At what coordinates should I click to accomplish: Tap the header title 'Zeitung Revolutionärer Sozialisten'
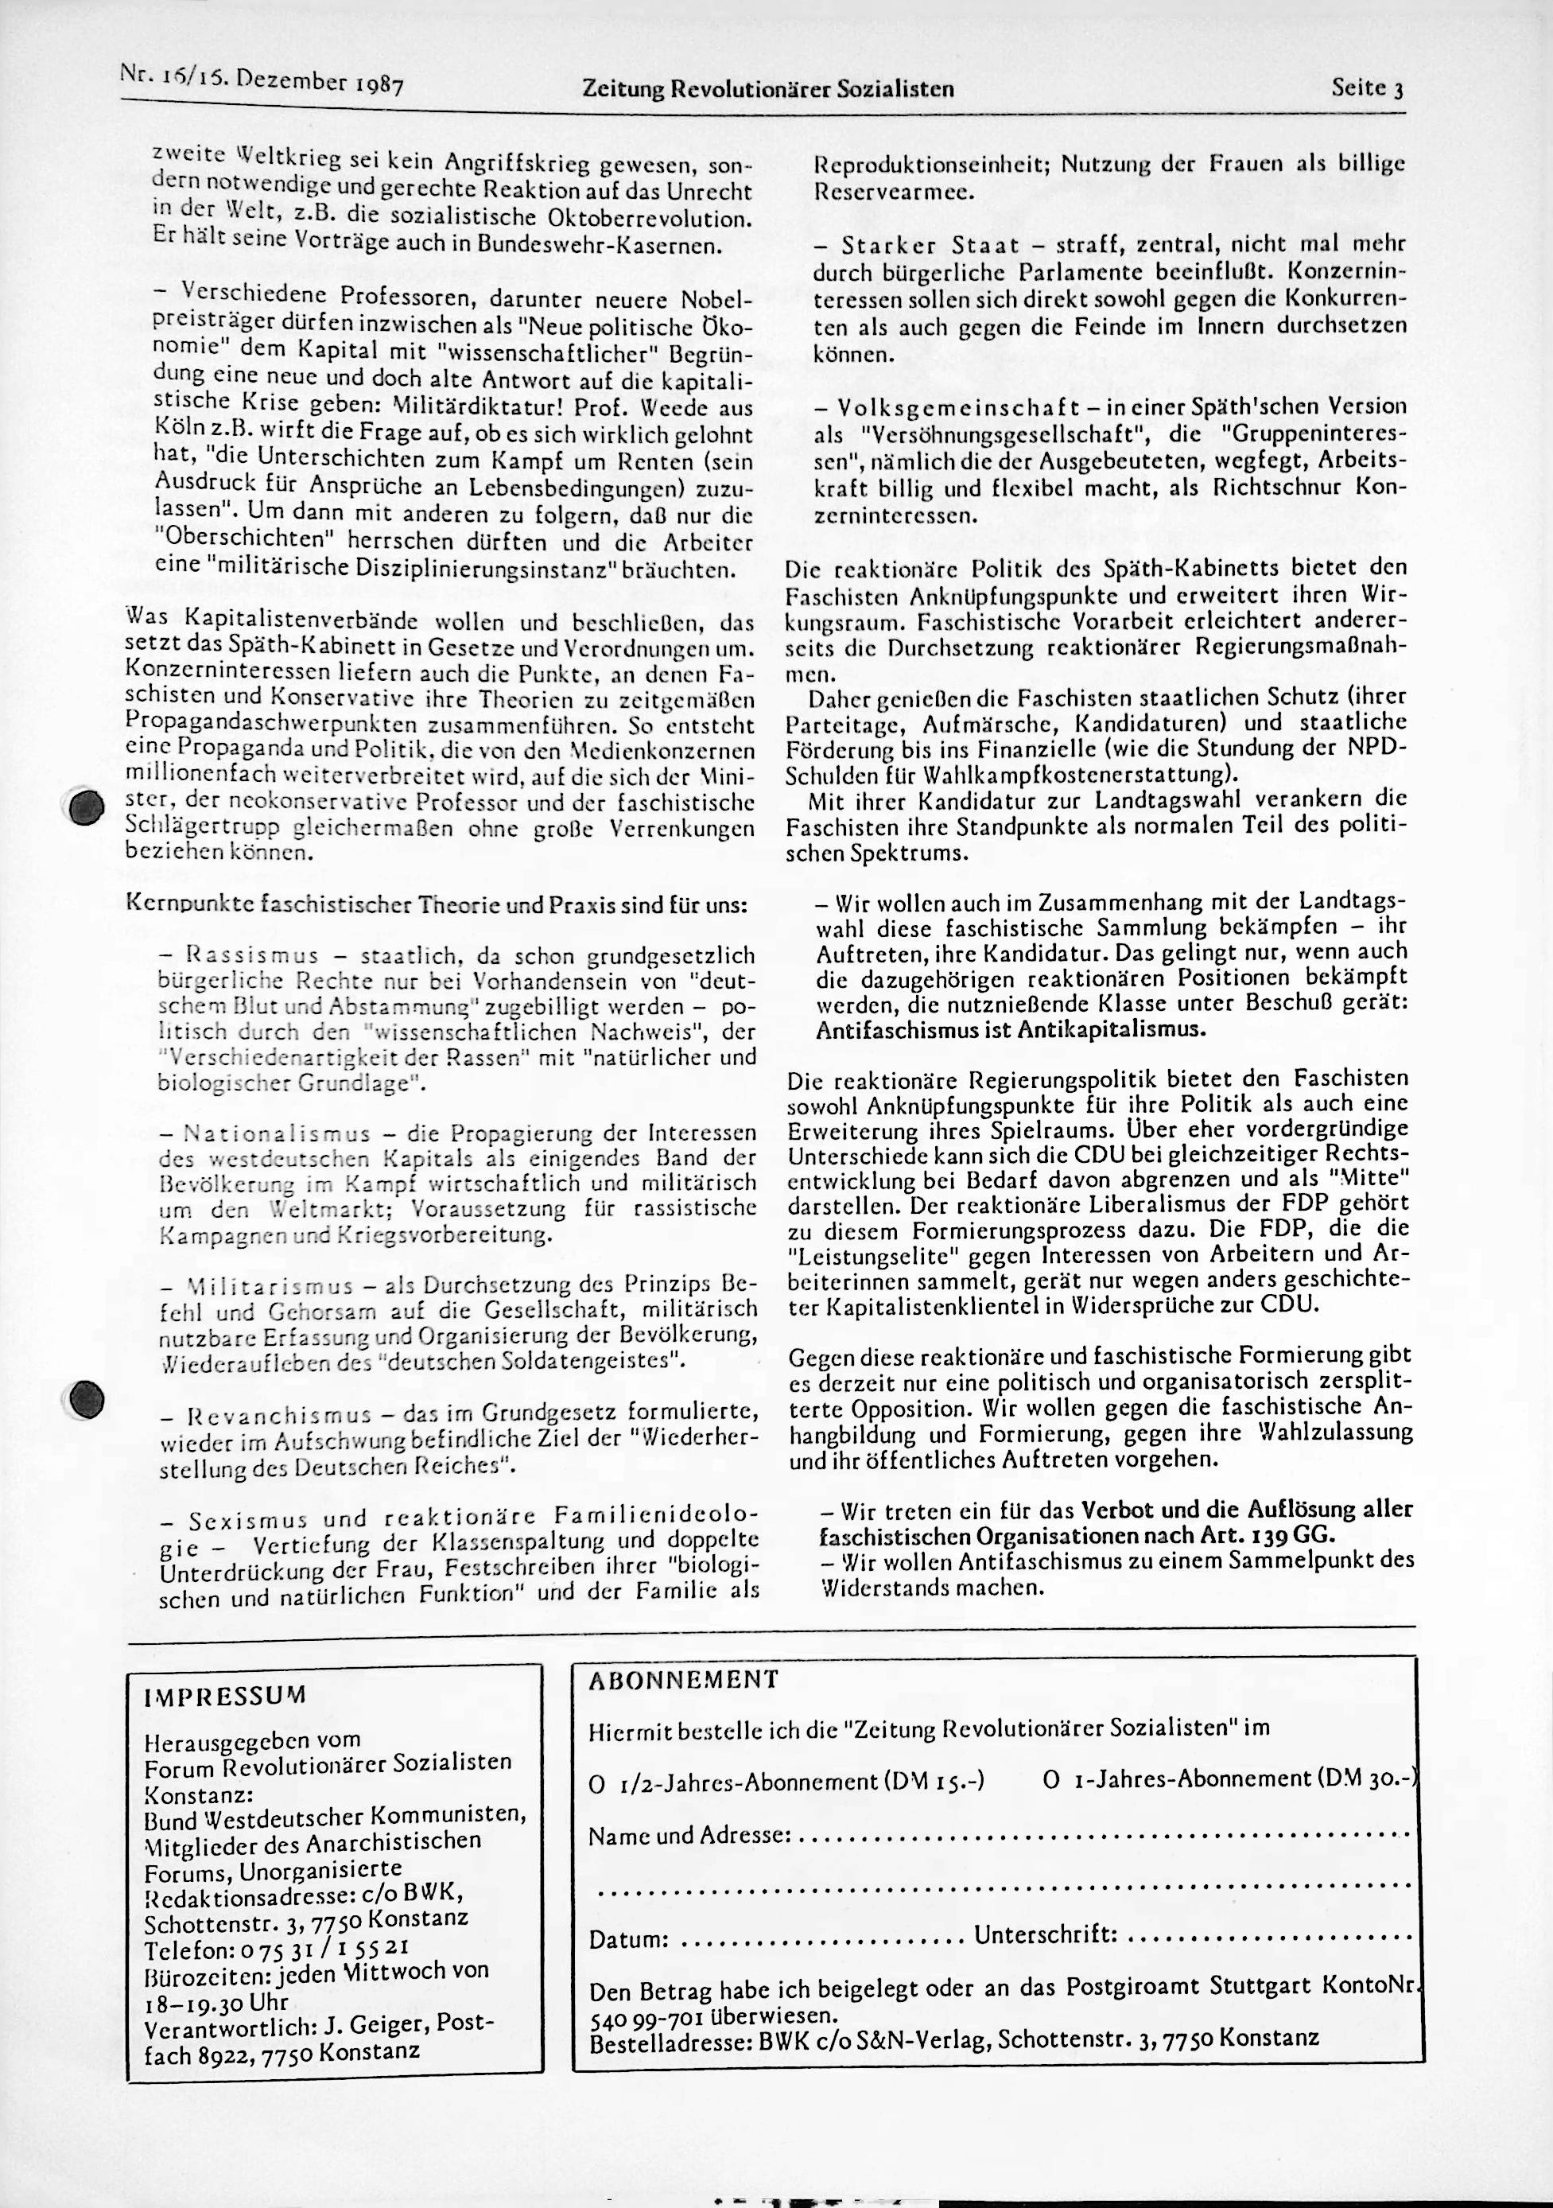coord(768,89)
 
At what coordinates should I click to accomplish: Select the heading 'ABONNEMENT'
coord(683,1680)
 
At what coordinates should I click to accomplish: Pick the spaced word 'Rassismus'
coord(252,956)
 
